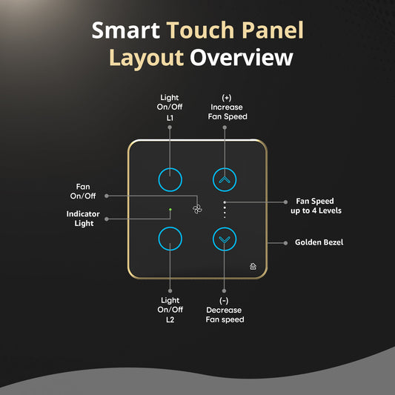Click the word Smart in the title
pyautogui.click(x=125, y=31)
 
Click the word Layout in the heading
pyautogui.click(x=147, y=58)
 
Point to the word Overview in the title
pyautogui.click(x=242, y=58)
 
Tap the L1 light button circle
pyautogui.click(x=170, y=179)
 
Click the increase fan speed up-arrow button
pyautogui.click(x=225, y=179)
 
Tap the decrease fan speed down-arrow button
pyautogui.click(x=225, y=239)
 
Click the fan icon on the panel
pyautogui.click(x=197, y=209)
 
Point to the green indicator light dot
pyautogui.click(x=170, y=210)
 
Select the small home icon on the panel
pyautogui.click(x=253, y=267)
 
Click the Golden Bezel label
pyautogui.click(x=318, y=242)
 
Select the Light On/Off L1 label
pyautogui.click(x=170, y=107)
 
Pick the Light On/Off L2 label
pyautogui.click(x=170, y=310)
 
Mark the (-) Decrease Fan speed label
pyautogui.click(x=225, y=310)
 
